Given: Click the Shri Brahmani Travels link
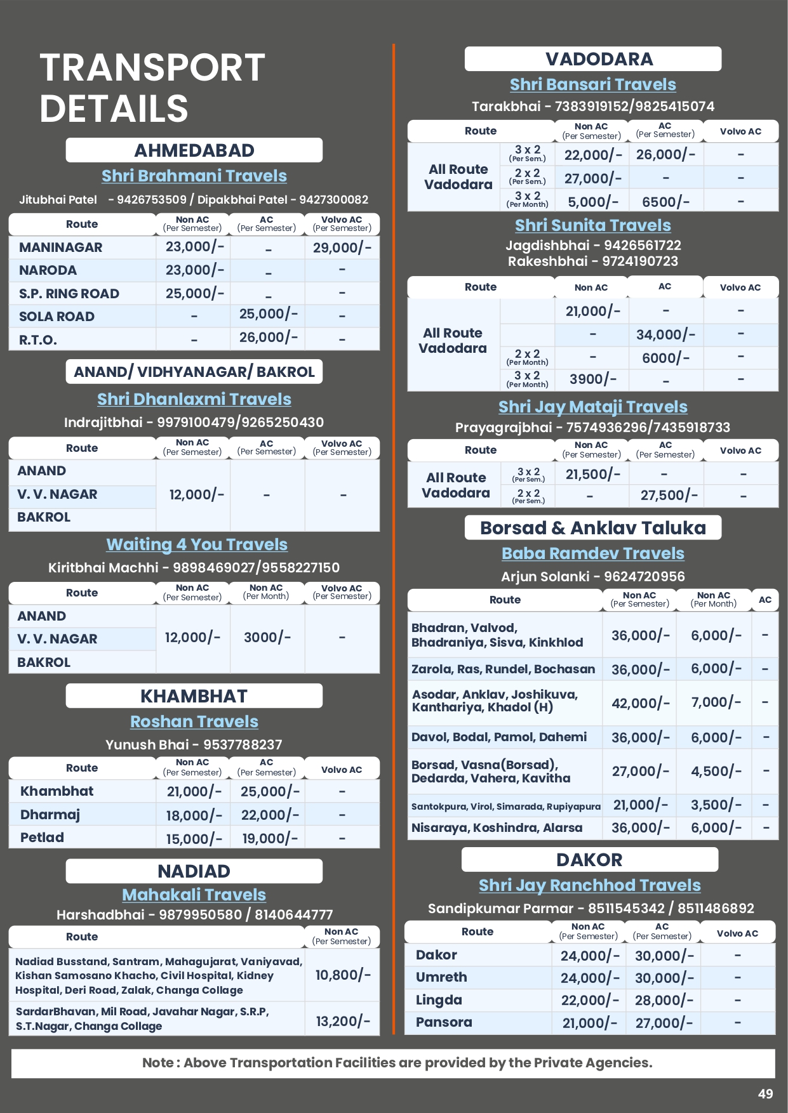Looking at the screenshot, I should coord(194,176).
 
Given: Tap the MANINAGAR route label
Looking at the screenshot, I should coord(60,247).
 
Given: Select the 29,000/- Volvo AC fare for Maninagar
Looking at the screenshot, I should coord(342,247).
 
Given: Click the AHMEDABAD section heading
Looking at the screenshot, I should coord(194,150).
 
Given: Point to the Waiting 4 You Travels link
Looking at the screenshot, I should coord(197,544).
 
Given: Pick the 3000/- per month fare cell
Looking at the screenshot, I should coord(267,637).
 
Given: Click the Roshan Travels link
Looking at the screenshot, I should coord(194,721).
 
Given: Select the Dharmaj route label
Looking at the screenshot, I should coord(50,815).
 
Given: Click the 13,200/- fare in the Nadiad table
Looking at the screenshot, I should coord(343,1021).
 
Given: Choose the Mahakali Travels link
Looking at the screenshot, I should coord(194,895).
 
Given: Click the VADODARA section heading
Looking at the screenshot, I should coord(599,59).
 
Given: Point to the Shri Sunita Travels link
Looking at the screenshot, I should coord(592,225).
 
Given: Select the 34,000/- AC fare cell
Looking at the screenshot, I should coord(665,334).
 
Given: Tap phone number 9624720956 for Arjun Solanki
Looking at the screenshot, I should coord(644,576).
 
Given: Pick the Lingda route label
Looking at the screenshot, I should coord(439,1000).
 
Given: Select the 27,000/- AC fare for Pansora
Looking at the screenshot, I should coord(664,1023).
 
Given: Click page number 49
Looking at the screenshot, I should coord(765,1093).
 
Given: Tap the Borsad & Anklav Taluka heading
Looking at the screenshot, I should coord(592,528).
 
